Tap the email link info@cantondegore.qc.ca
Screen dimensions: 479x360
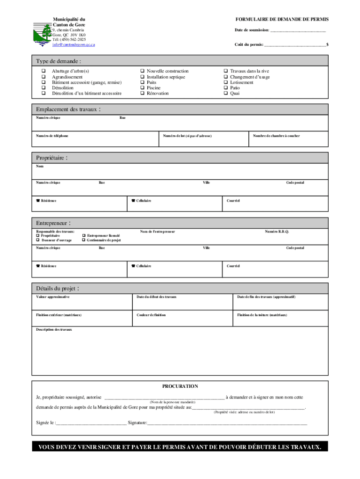[73, 44]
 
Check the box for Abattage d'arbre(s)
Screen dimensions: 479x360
[43, 71]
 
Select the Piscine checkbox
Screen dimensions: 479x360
[142, 88]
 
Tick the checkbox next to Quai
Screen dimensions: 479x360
[225, 94]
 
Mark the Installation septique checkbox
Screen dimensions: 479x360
[142, 77]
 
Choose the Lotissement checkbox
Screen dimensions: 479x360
[225, 82]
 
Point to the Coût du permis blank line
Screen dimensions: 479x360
[295, 45]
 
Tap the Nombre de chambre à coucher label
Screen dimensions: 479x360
[276, 136]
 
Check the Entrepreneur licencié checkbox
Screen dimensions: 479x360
[83, 236]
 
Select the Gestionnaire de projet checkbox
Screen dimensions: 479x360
[83, 240]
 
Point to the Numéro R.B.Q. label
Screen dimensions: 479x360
[277, 232]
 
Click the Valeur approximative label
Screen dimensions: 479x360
[53, 297]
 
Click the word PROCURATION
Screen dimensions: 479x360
[180, 386]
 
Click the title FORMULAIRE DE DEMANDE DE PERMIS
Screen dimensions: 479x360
[282, 19]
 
